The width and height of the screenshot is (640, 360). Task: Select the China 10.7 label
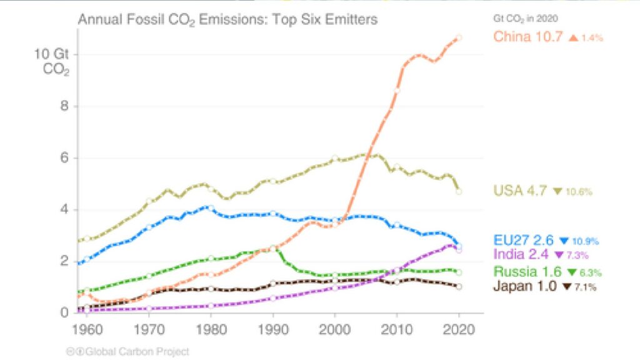527,37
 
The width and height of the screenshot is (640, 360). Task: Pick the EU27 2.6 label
523,240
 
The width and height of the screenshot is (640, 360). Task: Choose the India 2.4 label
521,254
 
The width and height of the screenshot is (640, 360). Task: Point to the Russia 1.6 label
527,271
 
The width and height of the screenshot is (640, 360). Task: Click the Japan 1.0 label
525,286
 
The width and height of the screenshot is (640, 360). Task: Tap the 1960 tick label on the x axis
87,329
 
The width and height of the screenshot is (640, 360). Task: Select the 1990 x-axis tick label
273,329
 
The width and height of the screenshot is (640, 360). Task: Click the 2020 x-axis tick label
459,329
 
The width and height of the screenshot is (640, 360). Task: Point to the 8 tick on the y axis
64,106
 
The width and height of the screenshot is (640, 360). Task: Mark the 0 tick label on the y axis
64,312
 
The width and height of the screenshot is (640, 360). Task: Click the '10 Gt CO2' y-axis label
52,62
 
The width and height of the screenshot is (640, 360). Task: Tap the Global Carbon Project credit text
127,351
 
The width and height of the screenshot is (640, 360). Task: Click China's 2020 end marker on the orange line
459,37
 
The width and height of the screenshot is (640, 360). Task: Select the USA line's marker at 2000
335,158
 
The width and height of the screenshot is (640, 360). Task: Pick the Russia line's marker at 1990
273,248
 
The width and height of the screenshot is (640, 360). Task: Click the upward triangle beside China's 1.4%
574,37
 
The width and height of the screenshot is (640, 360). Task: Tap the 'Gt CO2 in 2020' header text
525,18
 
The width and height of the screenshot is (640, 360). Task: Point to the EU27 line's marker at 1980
211,208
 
